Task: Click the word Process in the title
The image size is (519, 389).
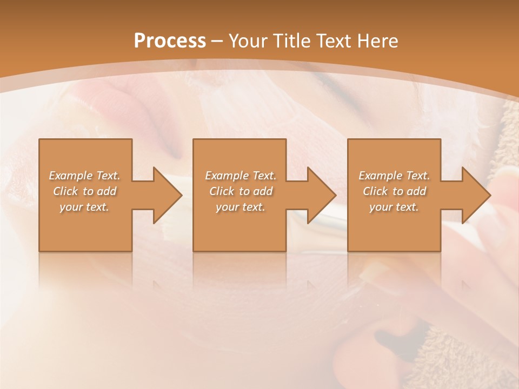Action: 170,41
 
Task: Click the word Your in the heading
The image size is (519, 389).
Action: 249,41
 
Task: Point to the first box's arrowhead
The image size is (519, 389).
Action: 165,195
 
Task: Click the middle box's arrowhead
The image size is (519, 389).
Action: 320,195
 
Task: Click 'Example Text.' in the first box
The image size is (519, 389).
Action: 84,176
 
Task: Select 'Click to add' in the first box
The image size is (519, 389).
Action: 84,191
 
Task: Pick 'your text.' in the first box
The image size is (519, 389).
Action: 84,207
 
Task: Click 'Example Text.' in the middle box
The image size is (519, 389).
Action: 241,176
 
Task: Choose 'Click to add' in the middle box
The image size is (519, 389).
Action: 241,191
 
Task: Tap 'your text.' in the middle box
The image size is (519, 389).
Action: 241,207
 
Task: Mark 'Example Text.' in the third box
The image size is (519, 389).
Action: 394,176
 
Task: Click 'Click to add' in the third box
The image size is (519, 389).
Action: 394,191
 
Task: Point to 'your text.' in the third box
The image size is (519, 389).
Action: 394,207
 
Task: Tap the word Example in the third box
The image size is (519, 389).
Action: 381,176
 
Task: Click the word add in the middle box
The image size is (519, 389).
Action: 263,191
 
